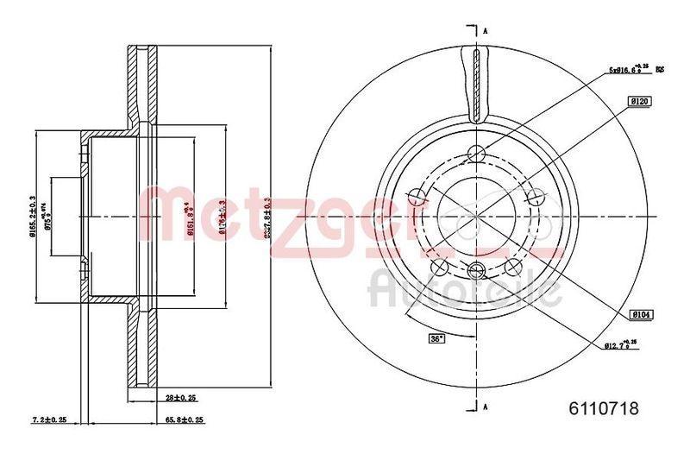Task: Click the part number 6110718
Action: [604, 410]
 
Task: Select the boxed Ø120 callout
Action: [639, 102]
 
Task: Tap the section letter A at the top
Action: [486, 31]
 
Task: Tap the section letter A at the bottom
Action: [486, 406]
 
